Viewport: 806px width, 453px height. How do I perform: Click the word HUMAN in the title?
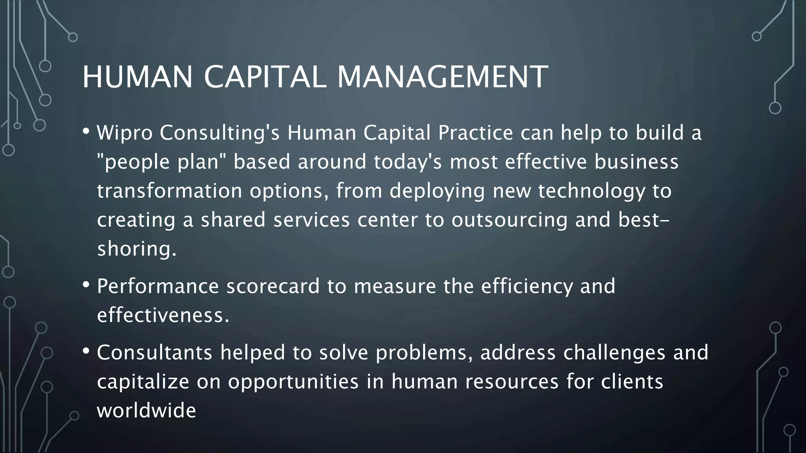pos(137,77)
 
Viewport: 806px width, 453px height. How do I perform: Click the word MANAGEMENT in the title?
pos(443,77)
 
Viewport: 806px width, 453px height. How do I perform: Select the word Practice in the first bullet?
pos(475,133)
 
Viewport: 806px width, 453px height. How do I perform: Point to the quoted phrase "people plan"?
pos(161,162)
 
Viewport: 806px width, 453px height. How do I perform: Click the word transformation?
pos(169,191)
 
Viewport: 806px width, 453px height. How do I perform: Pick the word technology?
pos(592,192)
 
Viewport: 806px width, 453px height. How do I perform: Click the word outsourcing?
pos(509,220)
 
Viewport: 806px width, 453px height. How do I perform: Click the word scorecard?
pos(273,286)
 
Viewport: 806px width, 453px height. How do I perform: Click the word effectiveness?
pos(163,315)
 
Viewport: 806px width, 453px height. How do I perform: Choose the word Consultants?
pos(155,352)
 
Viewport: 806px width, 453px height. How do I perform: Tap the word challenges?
pos(614,352)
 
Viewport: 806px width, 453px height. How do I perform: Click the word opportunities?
pos(293,382)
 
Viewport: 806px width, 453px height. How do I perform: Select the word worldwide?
pos(146,411)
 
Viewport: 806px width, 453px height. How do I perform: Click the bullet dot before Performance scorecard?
pos(87,284)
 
